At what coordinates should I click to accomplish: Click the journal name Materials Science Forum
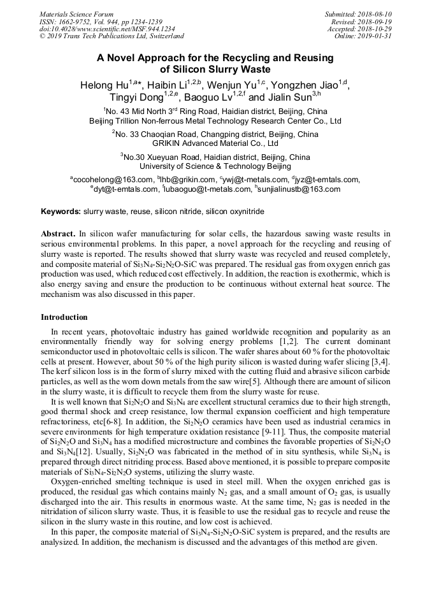coord(76,14)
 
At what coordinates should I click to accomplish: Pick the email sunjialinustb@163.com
coord(299,189)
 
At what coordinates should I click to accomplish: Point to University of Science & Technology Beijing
coord(215,166)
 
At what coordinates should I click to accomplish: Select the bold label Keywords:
coord(61,211)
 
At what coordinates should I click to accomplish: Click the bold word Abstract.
coord(59,234)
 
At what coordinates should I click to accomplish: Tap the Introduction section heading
coord(64,317)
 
